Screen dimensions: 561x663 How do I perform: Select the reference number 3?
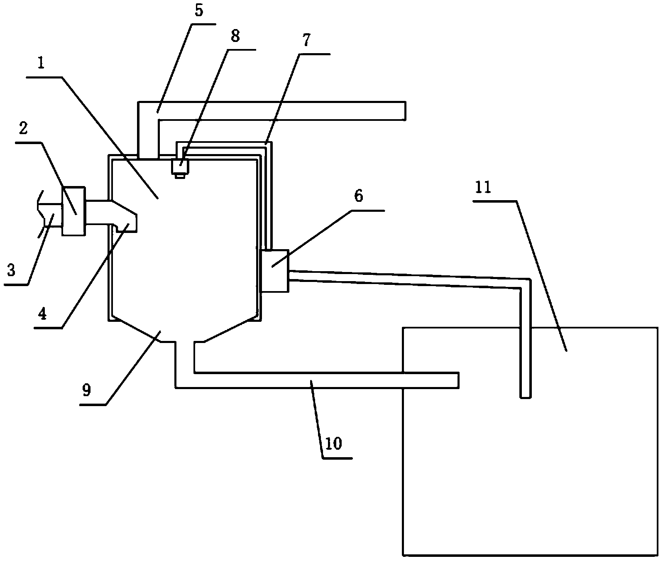pos(11,271)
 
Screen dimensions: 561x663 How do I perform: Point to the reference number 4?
pos(42,314)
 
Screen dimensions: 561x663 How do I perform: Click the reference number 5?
pos(198,10)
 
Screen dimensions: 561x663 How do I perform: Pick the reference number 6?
pos(358,196)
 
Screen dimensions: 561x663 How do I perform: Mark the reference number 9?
pos(86,390)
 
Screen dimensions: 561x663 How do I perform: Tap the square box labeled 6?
pos(274,270)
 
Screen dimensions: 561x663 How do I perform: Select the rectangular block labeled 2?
pos(73,211)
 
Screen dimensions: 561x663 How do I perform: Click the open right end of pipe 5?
pos(404,111)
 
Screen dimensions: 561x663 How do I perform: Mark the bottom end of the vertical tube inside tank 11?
pos(525,397)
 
